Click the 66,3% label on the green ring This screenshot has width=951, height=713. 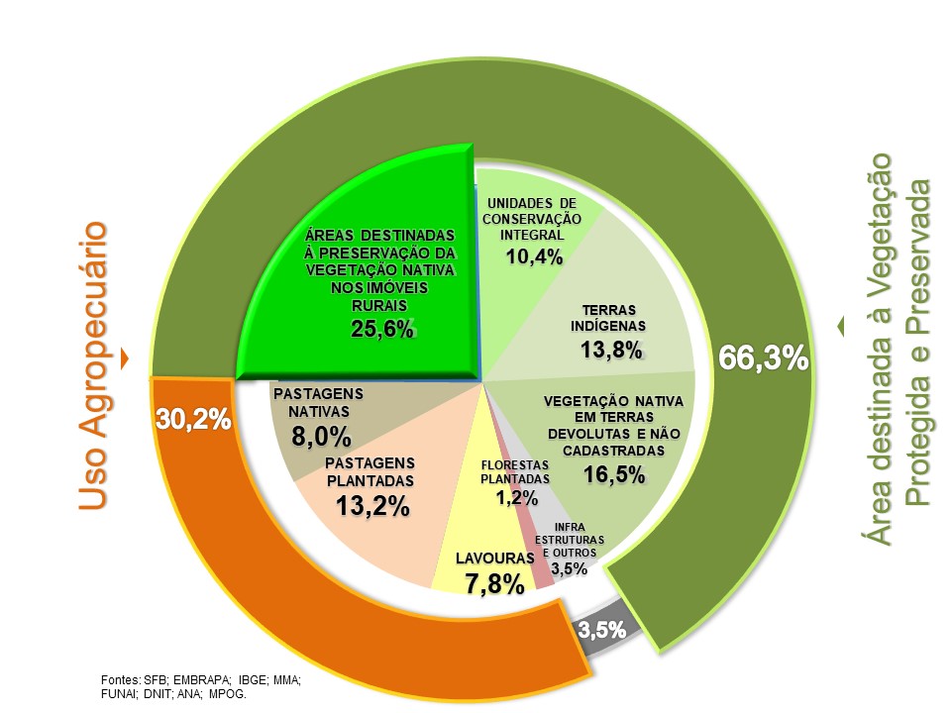point(764,357)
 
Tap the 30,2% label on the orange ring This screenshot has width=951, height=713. point(193,419)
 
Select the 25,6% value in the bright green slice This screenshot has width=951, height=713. point(381,329)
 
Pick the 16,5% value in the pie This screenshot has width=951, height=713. point(614,473)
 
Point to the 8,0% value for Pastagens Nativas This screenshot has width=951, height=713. point(321,436)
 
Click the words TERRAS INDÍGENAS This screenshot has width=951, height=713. point(608,317)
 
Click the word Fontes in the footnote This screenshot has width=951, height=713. point(122,680)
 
